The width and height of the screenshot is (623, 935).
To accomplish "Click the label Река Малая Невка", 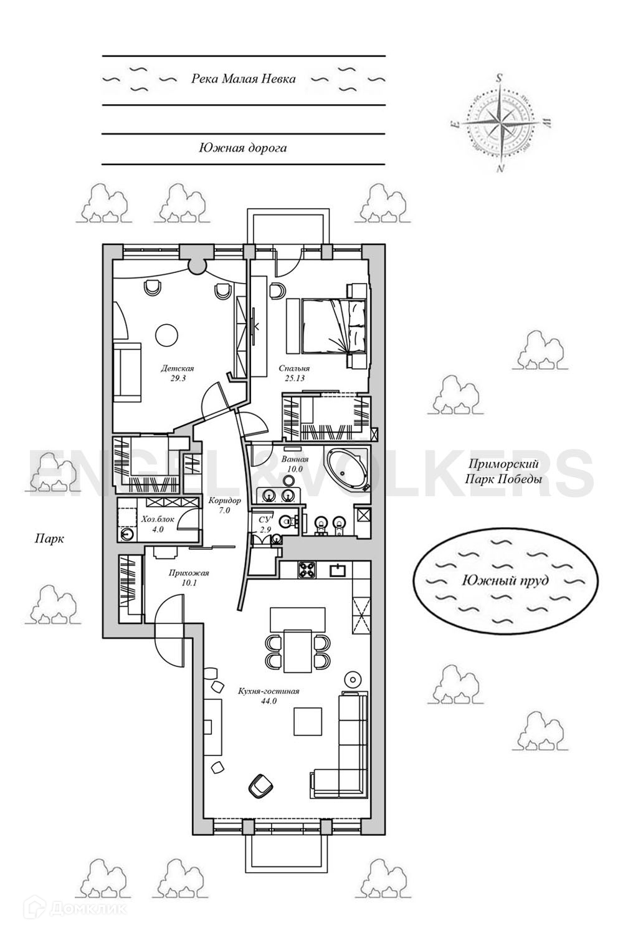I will coord(243,79).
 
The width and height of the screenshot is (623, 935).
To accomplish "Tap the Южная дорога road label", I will coord(243,148).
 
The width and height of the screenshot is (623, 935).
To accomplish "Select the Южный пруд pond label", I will coord(505,580).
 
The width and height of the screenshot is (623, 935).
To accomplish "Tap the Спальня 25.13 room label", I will coord(294,373).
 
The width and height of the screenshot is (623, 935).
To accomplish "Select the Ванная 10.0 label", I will coord(291,464).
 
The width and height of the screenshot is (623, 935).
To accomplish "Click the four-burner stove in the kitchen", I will coord(307,568).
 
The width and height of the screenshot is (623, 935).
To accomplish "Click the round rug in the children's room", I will coord(166,335).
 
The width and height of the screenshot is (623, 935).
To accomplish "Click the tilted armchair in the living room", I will coord(260,785).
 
